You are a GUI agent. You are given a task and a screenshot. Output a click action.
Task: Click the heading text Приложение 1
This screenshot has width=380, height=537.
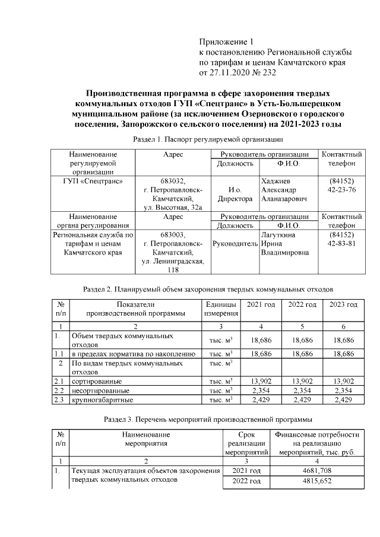tap(226, 42)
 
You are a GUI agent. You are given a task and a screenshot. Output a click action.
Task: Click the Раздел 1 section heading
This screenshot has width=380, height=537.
tap(206, 139)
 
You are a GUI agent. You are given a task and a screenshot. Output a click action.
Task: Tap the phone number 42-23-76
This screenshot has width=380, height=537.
tap(341, 190)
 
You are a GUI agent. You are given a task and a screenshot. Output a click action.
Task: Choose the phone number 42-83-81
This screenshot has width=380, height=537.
tap(341, 244)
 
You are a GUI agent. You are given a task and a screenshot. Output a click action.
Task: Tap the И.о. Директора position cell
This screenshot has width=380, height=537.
tap(235, 195)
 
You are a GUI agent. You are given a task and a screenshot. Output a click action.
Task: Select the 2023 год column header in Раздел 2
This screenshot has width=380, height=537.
tap(343, 304)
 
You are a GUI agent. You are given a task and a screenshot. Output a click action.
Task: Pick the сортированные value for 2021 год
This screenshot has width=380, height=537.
tap(262, 380)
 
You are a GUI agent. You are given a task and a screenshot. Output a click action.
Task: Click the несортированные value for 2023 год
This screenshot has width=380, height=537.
tap(343, 390)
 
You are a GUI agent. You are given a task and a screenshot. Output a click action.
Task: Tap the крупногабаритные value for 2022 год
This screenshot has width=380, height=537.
tap(302, 400)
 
